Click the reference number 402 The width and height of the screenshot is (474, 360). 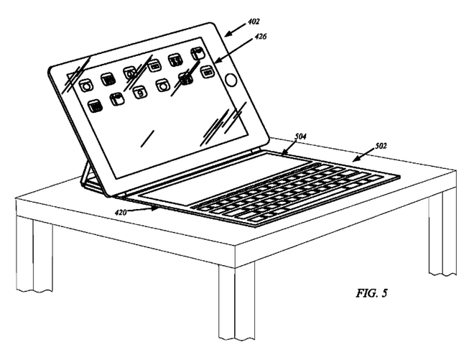point(254,22)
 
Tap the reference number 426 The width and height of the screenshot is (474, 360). point(260,37)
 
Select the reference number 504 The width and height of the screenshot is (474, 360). point(300,137)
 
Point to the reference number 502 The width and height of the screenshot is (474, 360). point(381,146)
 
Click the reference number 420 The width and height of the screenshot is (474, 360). point(121,213)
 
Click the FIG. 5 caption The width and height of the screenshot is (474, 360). point(371,293)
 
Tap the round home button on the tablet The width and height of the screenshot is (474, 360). point(231,80)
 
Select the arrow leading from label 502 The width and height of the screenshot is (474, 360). point(363,155)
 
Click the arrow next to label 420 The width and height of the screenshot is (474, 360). point(144,210)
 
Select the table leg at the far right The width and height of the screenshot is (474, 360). point(442,233)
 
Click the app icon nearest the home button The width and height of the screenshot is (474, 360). point(207,72)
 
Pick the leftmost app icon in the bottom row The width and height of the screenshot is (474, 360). point(95,106)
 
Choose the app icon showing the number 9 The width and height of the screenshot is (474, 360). point(140,92)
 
